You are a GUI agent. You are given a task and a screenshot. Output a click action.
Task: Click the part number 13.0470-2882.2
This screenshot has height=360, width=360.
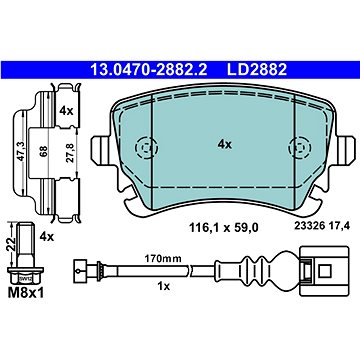[149, 70]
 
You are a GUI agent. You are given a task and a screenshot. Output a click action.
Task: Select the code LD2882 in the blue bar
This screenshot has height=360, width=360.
[257, 70]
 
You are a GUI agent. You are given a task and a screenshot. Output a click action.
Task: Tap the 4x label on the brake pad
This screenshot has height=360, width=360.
[224, 144]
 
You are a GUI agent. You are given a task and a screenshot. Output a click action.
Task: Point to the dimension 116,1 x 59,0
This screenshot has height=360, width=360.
[224, 228]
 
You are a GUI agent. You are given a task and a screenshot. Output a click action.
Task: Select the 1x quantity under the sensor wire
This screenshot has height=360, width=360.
[164, 286]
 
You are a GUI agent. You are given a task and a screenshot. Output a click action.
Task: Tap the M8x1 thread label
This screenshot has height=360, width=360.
[26, 293]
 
